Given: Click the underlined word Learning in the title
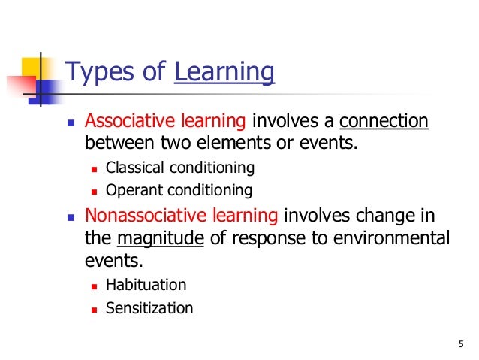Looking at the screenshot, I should pyautogui.click(x=224, y=73).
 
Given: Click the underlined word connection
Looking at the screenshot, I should pyautogui.click(x=384, y=122).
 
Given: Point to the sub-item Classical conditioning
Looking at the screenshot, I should pyautogui.click(x=180, y=167).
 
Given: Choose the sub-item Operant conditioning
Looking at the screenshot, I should pyautogui.click(x=179, y=190).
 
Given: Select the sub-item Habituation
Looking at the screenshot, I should pyautogui.click(x=146, y=286).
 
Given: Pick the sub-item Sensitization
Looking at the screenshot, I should pyautogui.click(x=149, y=308).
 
